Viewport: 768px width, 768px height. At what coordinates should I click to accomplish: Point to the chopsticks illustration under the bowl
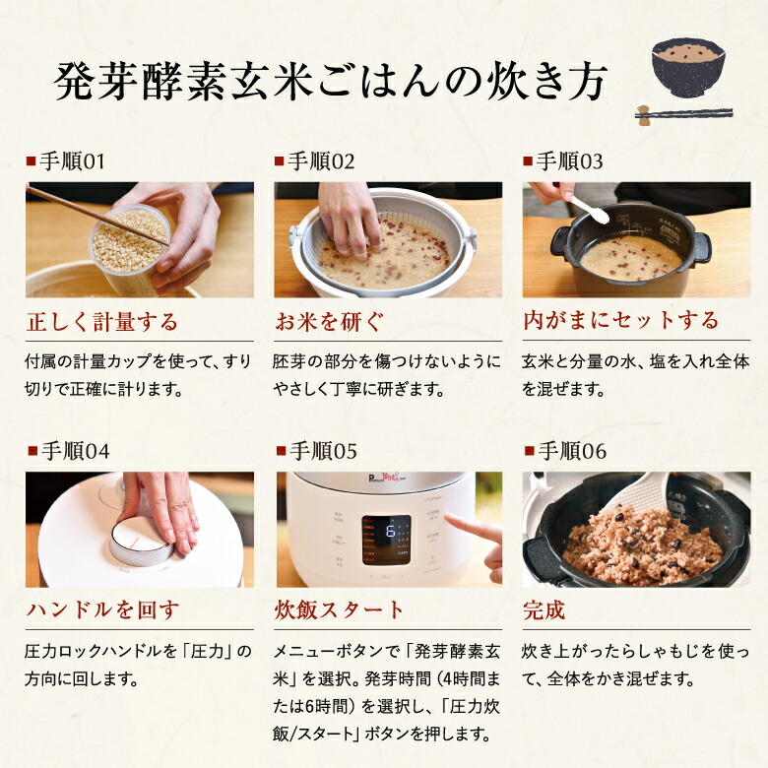point(683,114)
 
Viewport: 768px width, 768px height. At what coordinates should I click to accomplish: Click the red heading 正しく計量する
point(101,320)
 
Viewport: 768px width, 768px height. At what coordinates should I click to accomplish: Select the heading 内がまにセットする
point(620,320)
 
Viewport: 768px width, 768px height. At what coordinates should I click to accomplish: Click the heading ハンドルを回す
point(101,609)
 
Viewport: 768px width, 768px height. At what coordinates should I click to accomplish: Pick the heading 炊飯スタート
point(339,609)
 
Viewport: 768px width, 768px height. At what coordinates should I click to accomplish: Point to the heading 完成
point(544,609)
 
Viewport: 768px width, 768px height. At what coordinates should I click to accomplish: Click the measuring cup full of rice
point(128,244)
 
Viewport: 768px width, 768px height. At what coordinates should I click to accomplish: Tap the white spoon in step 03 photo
point(589,209)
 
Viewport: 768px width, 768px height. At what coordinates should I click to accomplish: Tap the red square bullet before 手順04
point(31,451)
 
